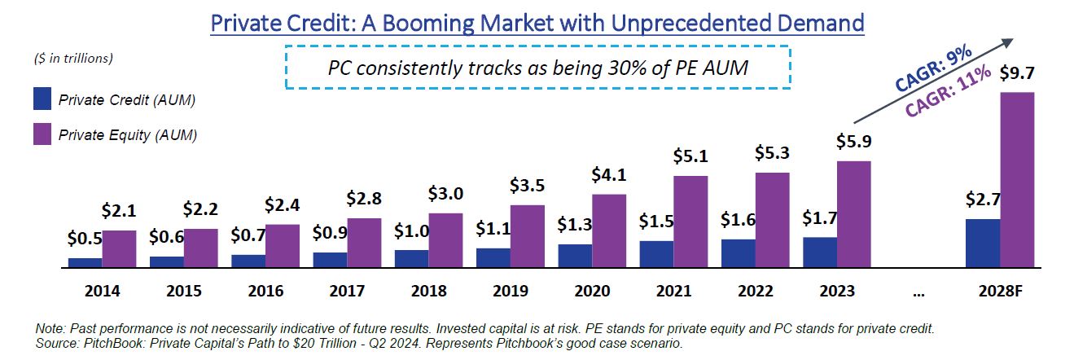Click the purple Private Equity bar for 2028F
pyautogui.click(x=1017, y=180)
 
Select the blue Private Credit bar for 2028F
pyautogui.click(x=982, y=243)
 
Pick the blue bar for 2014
pyautogui.click(x=85, y=262)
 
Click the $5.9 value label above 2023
pyautogui.click(x=854, y=142)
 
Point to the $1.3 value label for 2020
pyautogui.click(x=575, y=223)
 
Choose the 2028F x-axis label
pyautogui.click(x=999, y=291)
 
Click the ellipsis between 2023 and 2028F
pyautogui.click(x=918, y=291)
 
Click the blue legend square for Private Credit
pyautogui.click(x=43, y=99)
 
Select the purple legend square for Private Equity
pyautogui.click(x=43, y=135)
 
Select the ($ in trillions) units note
pyautogui.click(x=74, y=58)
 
